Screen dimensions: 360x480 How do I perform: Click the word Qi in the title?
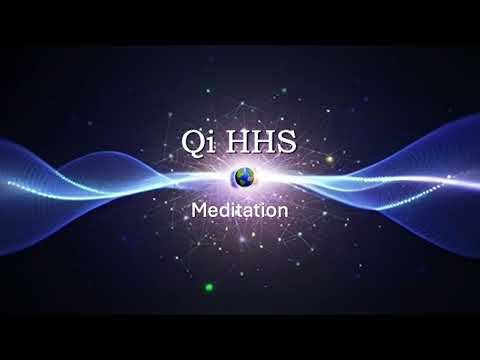[x=194, y=142]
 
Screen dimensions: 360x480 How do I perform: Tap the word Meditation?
[x=240, y=211]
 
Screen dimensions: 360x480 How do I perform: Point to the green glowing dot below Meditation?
[x=209, y=287]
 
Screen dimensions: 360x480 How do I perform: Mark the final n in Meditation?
[x=283, y=212]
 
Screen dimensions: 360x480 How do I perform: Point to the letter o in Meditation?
[x=271, y=212]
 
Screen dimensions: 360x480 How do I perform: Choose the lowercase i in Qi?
[x=205, y=144]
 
